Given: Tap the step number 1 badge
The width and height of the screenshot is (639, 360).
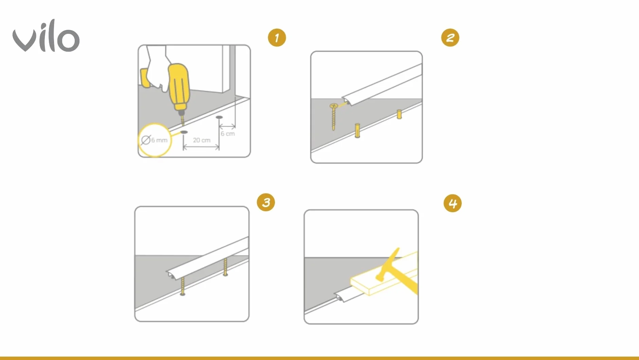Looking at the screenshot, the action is click(277, 38).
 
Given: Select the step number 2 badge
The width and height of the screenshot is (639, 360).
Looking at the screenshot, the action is click(450, 38).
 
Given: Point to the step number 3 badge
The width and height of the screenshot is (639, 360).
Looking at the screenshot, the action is click(266, 202).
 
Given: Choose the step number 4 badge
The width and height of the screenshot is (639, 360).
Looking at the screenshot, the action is click(453, 203).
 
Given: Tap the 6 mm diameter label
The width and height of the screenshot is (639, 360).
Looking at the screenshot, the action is click(154, 140).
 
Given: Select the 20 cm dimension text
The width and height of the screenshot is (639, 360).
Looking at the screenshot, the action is click(202, 140).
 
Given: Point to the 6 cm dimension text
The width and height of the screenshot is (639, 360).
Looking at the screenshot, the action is click(228, 134).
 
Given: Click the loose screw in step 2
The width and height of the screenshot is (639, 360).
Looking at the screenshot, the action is click(333, 117).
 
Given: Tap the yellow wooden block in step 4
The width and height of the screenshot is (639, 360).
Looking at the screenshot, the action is click(384, 274).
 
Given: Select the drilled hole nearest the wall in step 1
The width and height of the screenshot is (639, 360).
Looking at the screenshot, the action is click(219, 117).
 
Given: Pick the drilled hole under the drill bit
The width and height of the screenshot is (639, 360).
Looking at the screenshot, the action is click(184, 132).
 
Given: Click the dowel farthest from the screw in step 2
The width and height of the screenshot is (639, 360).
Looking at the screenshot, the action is click(399, 114).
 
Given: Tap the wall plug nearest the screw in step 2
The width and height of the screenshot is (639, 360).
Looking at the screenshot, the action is click(357, 130).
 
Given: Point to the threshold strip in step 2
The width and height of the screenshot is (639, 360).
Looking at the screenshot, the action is click(382, 85).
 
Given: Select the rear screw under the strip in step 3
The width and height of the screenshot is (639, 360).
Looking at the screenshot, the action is click(225, 267).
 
